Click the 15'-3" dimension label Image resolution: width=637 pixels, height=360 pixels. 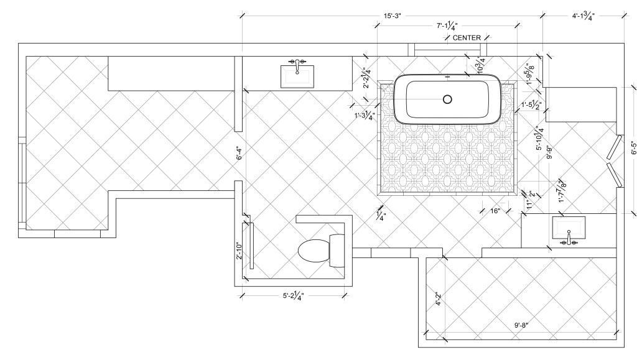click(x=393, y=16)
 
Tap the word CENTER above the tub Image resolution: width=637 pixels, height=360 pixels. click(x=467, y=38)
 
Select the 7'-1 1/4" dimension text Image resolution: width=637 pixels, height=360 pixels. click(x=447, y=26)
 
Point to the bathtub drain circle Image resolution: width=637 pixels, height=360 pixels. click(x=448, y=99)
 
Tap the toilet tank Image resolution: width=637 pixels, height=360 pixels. click(x=337, y=251)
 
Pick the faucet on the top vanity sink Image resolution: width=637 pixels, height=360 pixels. click(x=297, y=65)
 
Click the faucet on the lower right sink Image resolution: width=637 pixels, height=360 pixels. click(x=569, y=239)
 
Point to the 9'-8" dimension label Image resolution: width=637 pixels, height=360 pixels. click(x=522, y=325)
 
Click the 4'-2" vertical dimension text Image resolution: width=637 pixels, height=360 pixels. click(x=438, y=298)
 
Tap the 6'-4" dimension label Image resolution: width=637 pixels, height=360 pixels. click(x=239, y=152)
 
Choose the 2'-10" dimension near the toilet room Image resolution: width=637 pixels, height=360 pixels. click(x=239, y=251)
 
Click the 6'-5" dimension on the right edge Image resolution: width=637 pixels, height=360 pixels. click(x=633, y=148)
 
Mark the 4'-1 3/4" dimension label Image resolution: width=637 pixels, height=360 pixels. click(x=584, y=16)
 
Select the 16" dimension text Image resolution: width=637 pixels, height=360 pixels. click(x=495, y=211)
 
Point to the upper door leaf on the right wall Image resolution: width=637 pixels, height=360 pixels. click(x=614, y=147)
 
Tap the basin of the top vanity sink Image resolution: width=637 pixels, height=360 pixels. click(x=297, y=76)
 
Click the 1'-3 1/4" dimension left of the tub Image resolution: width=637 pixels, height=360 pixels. click(x=364, y=115)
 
